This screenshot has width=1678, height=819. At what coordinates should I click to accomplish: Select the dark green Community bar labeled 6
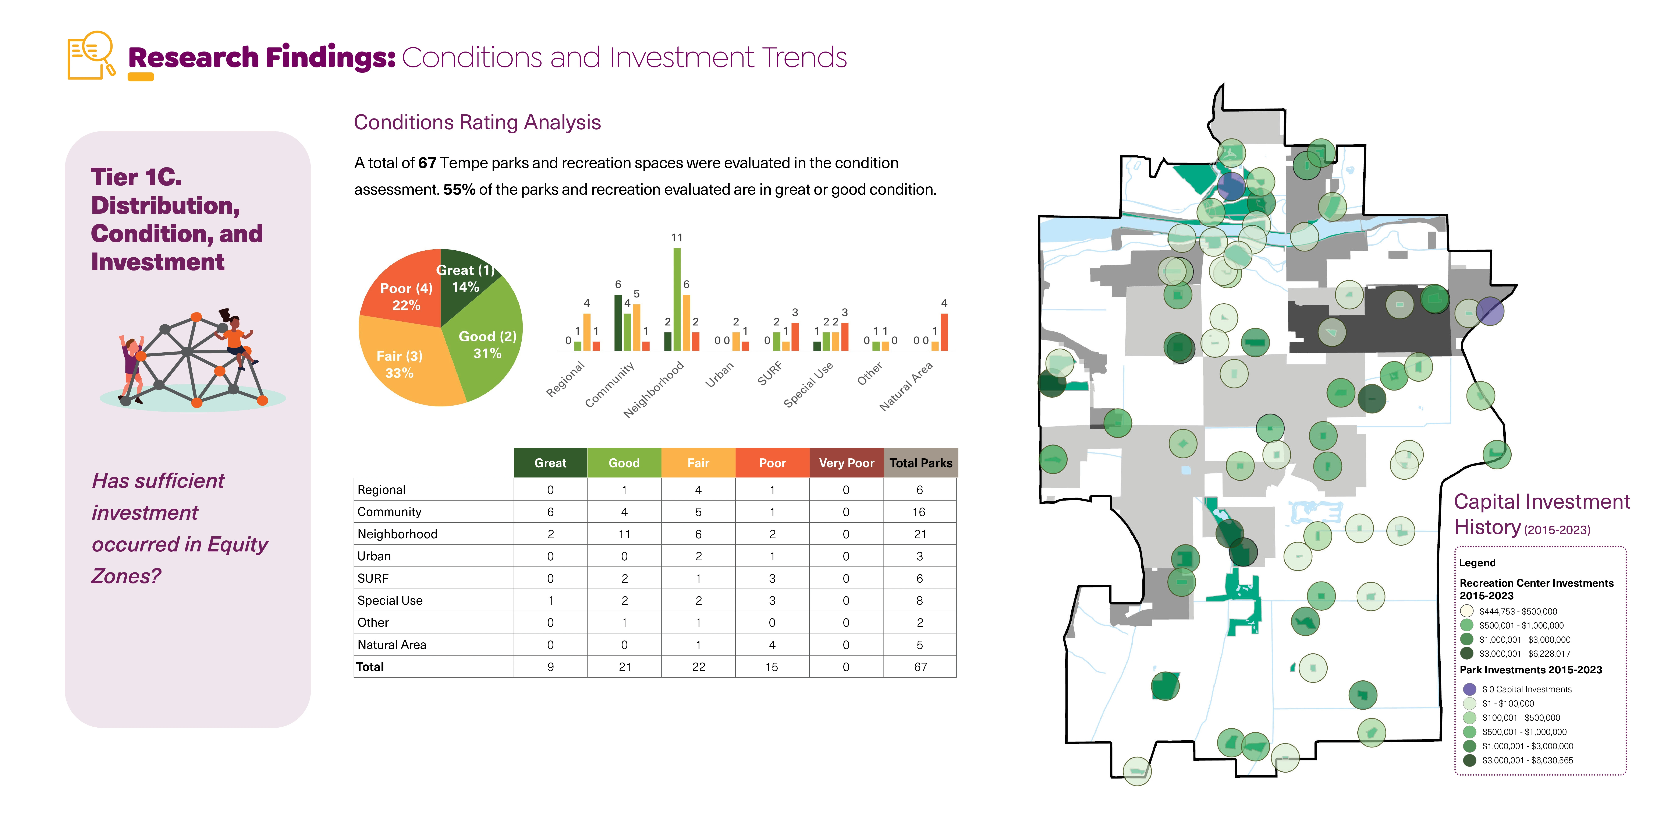(618, 322)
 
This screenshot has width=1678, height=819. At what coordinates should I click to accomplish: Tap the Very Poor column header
(846, 463)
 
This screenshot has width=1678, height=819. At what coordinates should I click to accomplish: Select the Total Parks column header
(920, 463)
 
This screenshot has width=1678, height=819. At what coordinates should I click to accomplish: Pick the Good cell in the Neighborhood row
(624, 534)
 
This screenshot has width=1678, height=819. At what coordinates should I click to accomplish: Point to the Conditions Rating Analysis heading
(477, 123)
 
